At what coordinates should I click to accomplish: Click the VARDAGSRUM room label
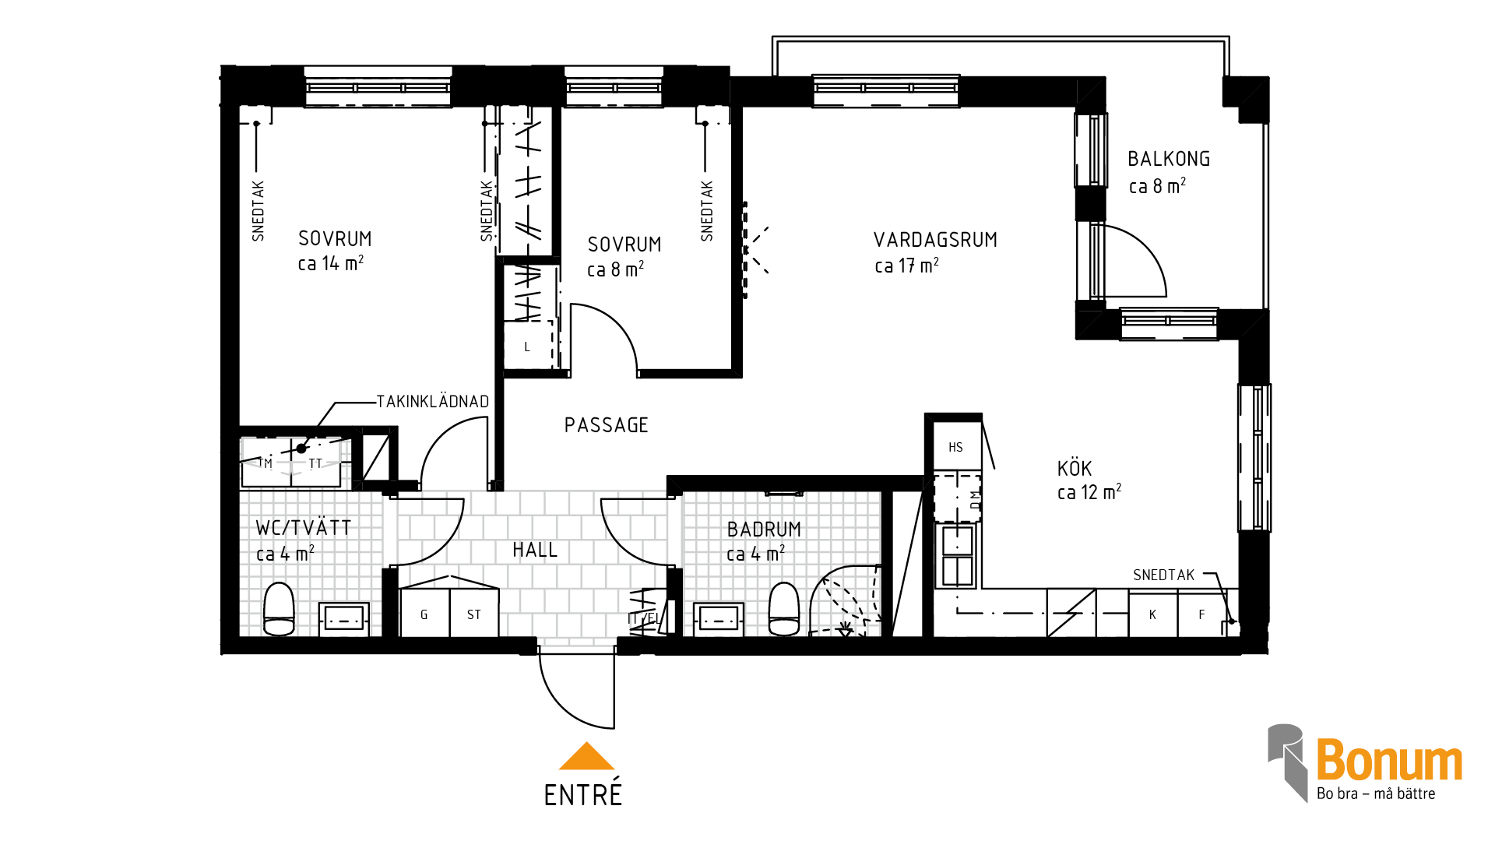click(x=935, y=240)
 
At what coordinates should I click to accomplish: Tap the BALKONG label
click(x=1169, y=159)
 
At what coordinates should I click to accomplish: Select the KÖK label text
click(x=1075, y=468)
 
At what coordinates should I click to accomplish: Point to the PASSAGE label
click(x=606, y=425)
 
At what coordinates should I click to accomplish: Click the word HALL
click(x=535, y=550)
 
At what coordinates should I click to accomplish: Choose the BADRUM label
click(x=764, y=530)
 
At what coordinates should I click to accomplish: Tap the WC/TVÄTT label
click(x=304, y=527)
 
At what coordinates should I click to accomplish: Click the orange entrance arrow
click(x=586, y=756)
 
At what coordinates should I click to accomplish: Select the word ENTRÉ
click(x=583, y=794)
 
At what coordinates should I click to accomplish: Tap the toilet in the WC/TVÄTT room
click(x=279, y=609)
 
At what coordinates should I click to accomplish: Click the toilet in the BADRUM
click(x=784, y=609)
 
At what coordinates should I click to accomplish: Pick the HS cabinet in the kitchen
click(x=957, y=447)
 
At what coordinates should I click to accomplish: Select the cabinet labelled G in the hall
click(x=424, y=614)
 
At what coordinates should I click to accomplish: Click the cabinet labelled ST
click(x=474, y=614)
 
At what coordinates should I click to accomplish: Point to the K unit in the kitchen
click(x=1153, y=614)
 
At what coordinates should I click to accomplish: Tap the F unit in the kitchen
click(x=1202, y=614)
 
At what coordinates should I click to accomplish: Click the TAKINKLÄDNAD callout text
click(x=433, y=402)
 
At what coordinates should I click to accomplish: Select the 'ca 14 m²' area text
click(x=331, y=263)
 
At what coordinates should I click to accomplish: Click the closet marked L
click(x=528, y=346)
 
